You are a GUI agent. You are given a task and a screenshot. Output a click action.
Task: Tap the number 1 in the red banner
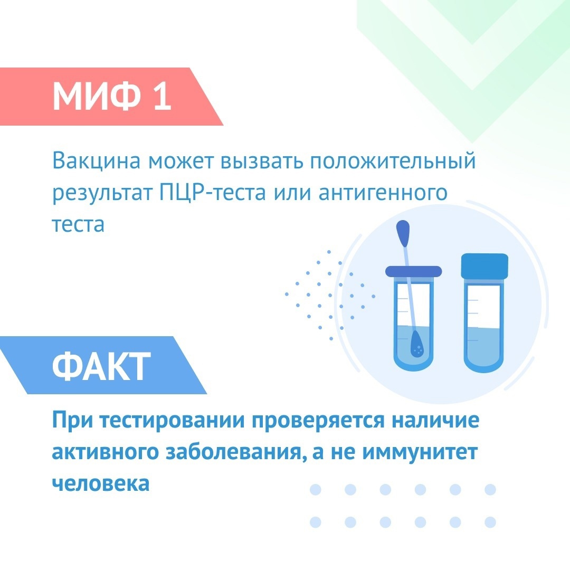(162, 96)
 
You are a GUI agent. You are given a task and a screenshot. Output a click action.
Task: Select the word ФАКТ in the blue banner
(101, 366)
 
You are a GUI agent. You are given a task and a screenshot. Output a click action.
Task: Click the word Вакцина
(97, 160)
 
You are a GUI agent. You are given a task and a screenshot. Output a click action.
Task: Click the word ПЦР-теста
(212, 193)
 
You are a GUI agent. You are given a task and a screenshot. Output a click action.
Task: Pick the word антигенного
(383, 193)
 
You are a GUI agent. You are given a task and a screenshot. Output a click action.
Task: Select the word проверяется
(318, 421)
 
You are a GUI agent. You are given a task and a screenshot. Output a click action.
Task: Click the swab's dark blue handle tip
(403, 233)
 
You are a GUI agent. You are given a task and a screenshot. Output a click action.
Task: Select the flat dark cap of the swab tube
(413, 271)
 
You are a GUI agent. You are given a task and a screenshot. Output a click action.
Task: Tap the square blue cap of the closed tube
(484, 265)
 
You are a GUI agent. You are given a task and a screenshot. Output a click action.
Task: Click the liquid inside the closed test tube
(484, 347)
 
